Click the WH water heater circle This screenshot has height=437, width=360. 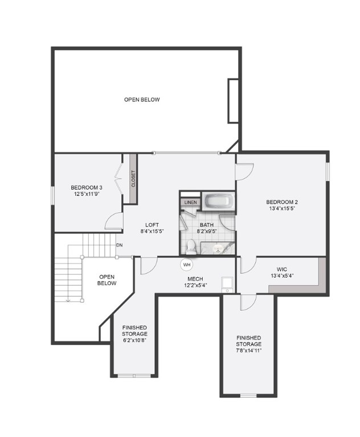[187, 264]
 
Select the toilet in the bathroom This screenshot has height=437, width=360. [192, 246]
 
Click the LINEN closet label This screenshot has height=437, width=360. [190, 202]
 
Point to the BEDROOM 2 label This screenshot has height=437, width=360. [282, 202]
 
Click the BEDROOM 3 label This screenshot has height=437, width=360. [87, 188]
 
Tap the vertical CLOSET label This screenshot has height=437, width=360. [133, 179]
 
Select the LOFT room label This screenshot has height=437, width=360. [152, 224]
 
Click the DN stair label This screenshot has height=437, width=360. [120, 245]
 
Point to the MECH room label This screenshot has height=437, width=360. [195, 279]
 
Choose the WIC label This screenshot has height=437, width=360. [282, 270]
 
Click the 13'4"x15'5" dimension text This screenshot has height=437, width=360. [282, 209]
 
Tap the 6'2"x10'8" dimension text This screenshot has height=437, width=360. [134, 340]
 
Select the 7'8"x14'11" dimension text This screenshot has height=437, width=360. [249, 351]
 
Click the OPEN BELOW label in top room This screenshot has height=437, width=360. [142, 100]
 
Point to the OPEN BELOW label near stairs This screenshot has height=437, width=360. [107, 279]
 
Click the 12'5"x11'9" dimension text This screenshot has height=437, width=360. [87, 194]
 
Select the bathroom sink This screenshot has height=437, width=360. [218, 248]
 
